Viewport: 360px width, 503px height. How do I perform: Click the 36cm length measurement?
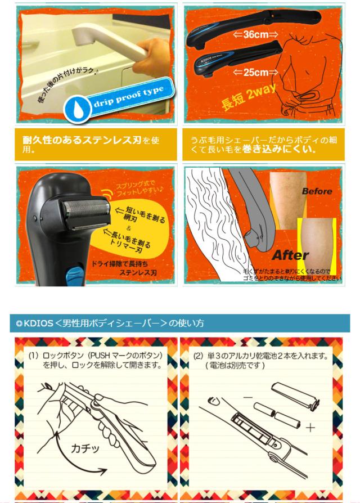(255, 35)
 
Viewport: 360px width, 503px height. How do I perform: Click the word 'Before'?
(317, 191)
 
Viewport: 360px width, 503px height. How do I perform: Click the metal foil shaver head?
(86, 214)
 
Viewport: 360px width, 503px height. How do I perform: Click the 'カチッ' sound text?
(85, 448)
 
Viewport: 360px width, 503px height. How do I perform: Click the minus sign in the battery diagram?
(247, 397)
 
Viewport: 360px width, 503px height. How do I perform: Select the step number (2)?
(198, 355)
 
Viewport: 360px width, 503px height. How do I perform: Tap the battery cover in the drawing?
(295, 396)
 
